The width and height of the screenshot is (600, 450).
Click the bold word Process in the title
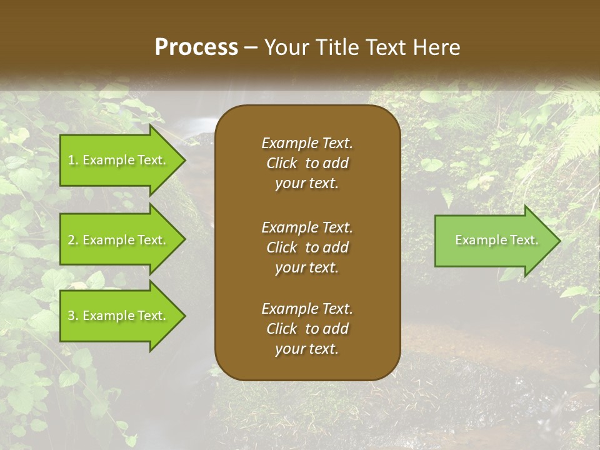(x=196, y=47)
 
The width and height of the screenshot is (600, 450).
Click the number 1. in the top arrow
(x=72, y=160)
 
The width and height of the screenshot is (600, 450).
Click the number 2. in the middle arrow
(x=72, y=240)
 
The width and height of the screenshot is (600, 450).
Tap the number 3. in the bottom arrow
(x=72, y=316)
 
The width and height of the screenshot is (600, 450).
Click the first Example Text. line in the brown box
(x=307, y=143)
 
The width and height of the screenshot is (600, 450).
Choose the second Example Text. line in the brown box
(x=307, y=227)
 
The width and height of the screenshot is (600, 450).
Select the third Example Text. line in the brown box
(x=307, y=309)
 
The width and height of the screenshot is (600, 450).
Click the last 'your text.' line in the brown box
(x=307, y=349)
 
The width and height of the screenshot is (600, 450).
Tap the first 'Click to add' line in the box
(x=307, y=163)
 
